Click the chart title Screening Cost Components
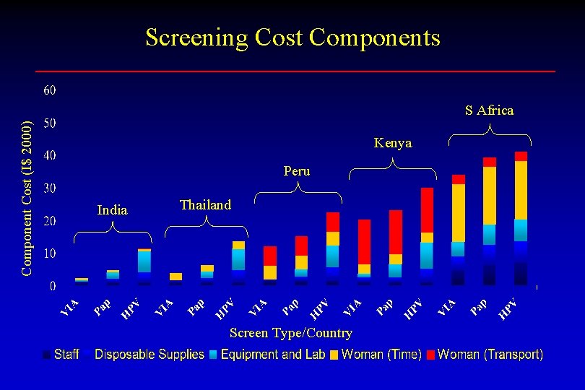point(292,37)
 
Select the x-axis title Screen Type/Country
point(290,333)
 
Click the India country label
point(112,210)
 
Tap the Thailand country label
point(206,205)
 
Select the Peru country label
point(297,171)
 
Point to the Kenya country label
point(393,143)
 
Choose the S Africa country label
point(490,110)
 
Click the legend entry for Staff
point(61,355)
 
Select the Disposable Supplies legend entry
point(144,355)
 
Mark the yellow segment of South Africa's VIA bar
point(459,213)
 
